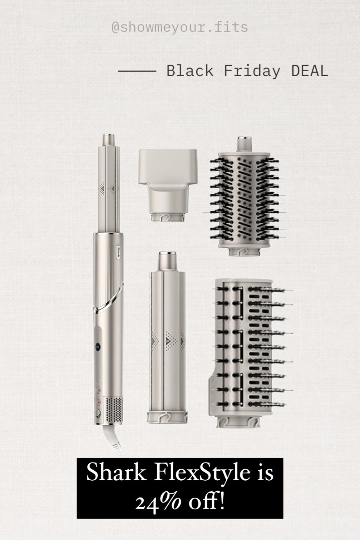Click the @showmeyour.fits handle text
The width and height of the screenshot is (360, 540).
[180, 27]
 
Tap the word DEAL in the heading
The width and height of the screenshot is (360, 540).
[309, 71]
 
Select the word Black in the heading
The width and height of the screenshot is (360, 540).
[190, 71]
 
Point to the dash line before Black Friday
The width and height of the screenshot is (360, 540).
[136, 72]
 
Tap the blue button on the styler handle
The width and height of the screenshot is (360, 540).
[98, 346]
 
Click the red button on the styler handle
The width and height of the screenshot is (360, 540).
[98, 402]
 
